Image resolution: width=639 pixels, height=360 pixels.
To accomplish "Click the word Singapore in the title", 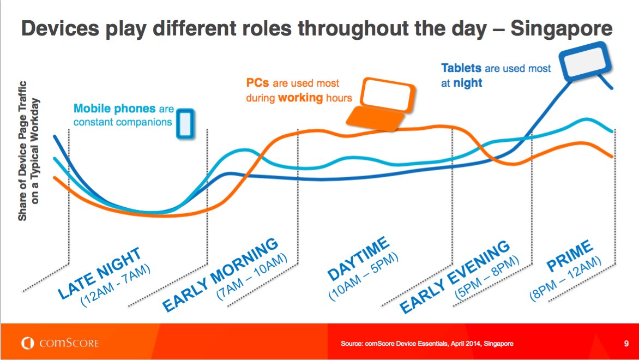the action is click(x=561, y=28).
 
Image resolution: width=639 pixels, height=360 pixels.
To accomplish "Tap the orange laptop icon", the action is click(x=381, y=104).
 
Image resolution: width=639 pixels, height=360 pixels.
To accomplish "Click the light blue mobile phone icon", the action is click(x=185, y=123).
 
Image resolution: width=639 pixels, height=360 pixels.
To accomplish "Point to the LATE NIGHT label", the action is click(x=99, y=273).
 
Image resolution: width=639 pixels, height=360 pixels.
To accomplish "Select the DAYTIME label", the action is click(x=359, y=259).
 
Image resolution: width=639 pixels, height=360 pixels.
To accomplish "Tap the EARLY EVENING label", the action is click(x=455, y=277).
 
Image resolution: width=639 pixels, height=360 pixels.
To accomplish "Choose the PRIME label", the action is click(x=569, y=256).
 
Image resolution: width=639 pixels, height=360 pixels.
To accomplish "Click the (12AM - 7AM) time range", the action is click(x=116, y=285).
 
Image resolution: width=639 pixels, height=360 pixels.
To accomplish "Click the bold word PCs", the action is click(x=257, y=83).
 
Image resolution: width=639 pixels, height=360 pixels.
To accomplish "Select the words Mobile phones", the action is click(x=114, y=109).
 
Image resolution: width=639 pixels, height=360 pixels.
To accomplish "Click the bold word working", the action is click(x=300, y=98).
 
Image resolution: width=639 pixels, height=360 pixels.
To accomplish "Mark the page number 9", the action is click(x=626, y=344).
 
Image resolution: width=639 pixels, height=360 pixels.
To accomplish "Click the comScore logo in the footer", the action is click(x=61, y=343).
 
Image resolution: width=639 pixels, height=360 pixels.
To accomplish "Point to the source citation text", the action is click(x=427, y=344).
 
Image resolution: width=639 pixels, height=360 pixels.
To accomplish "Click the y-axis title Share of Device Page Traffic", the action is click(x=22, y=151).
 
